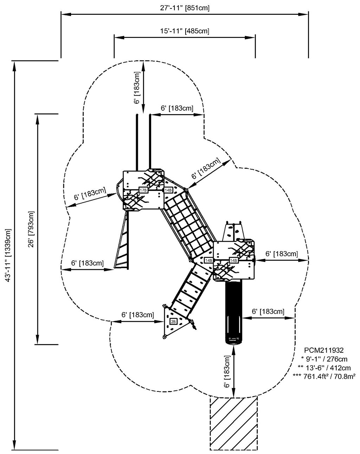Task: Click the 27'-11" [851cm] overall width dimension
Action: point(185,8)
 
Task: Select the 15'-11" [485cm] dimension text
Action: point(185,31)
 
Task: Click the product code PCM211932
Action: point(324,350)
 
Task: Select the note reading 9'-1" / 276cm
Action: point(324,359)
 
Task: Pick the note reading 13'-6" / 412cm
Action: point(324,368)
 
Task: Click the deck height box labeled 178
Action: point(143,190)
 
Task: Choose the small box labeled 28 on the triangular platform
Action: point(173,321)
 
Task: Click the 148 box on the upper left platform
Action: point(168,190)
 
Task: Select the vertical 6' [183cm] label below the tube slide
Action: point(227,371)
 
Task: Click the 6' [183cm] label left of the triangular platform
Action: point(137,315)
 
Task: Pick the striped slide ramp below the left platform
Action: point(122,242)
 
